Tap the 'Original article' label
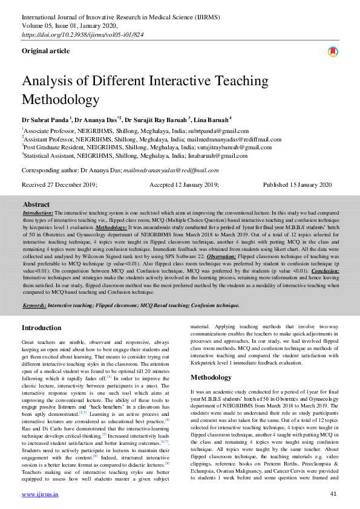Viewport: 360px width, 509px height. point(45,51)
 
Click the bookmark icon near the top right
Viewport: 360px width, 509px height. point(332,53)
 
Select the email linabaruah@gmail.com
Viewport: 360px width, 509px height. point(217,155)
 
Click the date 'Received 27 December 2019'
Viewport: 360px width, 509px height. point(59,185)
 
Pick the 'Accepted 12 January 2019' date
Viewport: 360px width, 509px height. point(184,185)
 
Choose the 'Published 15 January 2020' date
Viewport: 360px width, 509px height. point(297,185)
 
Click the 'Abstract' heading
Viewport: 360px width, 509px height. point(36,204)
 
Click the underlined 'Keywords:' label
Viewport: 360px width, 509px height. point(34,306)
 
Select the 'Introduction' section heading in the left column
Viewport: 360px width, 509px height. point(41,328)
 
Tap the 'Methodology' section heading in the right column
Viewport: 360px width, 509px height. point(212,377)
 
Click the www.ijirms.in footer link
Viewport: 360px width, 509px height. point(40,494)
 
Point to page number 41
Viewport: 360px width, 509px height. point(333,494)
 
